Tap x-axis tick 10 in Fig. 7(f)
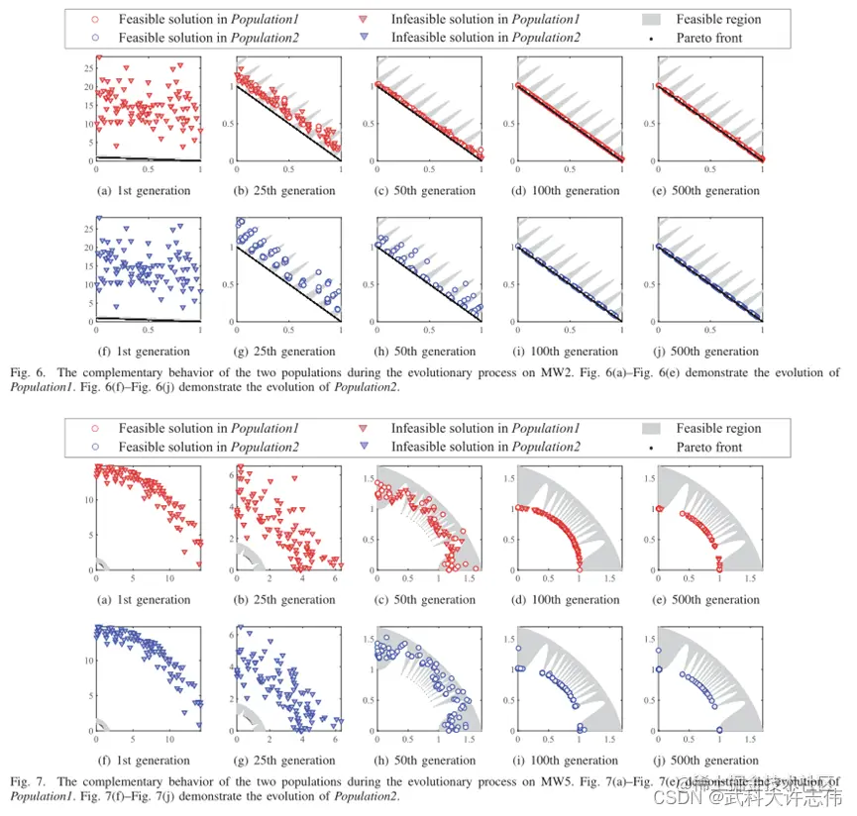[x=168, y=739]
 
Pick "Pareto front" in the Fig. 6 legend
[x=709, y=38]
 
